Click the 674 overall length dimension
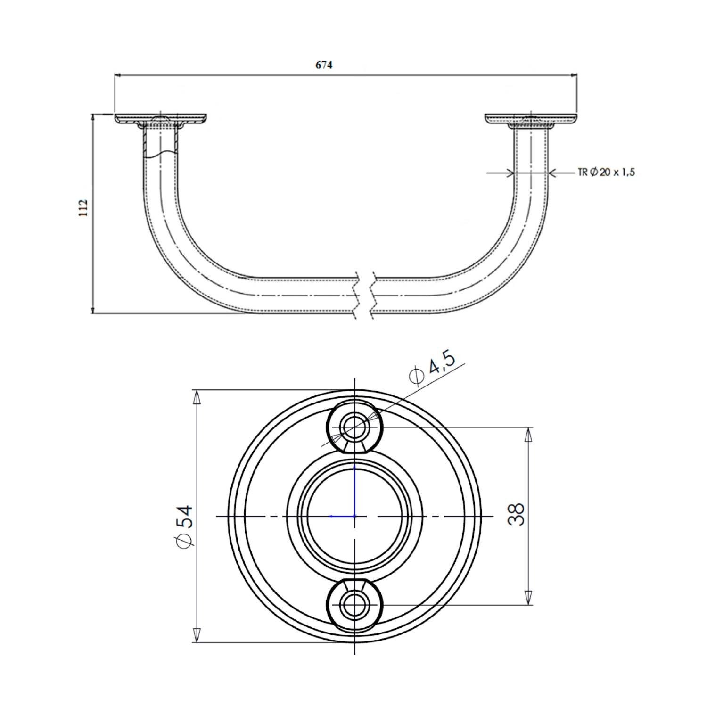(x=324, y=65)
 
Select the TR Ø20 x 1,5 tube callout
(x=606, y=173)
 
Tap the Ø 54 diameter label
(x=184, y=527)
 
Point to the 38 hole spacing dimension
(x=517, y=514)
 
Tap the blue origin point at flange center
(x=354, y=516)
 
